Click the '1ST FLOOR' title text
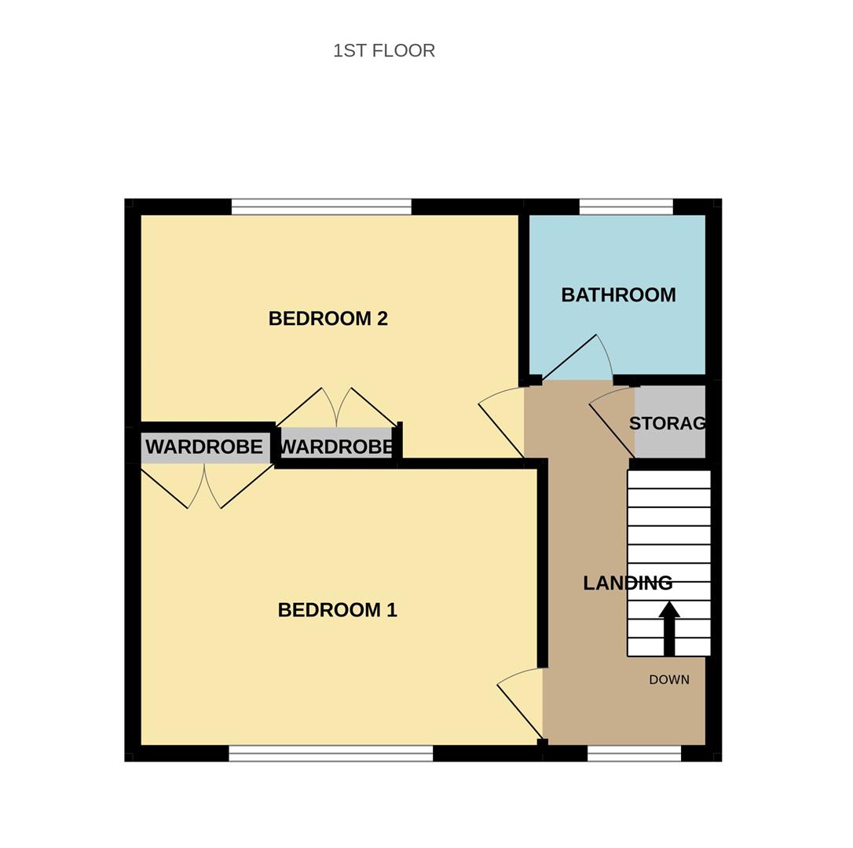(383, 51)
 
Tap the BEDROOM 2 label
(328, 318)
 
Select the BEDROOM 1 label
(337, 610)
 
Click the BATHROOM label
(618, 295)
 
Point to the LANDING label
(627, 583)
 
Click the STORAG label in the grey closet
(668, 423)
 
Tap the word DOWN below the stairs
(668, 680)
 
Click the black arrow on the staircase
(669, 627)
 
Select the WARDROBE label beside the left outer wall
(203, 447)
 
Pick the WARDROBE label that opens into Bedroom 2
(336, 447)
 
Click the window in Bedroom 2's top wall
(321, 207)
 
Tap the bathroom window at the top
(626, 207)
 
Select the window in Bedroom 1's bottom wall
(331, 753)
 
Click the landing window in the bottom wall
(634, 753)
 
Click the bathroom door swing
(580, 357)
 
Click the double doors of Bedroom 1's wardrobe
(204, 487)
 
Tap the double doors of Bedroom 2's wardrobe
(336, 408)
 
